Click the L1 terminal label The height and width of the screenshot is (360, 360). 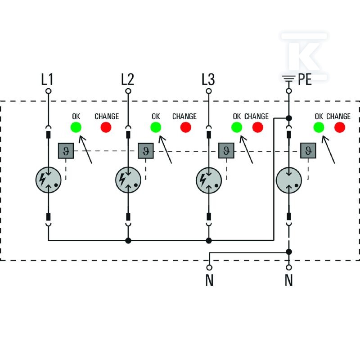pos(47,79)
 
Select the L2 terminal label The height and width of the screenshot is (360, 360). pos(127,79)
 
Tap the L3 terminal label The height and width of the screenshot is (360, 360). pos(208,79)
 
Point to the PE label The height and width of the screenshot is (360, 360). pos(305,80)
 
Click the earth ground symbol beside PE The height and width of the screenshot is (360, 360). pos(289,79)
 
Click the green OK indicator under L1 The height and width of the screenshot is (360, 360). pos(76,127)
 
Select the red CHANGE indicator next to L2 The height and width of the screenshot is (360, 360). pos(186,127)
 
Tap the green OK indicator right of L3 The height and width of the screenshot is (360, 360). pos(237,127)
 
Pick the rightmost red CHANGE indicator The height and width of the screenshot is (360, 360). pos(340,127)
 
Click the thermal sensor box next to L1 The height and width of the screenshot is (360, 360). pos(66,151)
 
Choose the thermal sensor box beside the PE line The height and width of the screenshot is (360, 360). pos(308,151)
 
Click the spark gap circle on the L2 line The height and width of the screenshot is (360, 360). pos(128,180)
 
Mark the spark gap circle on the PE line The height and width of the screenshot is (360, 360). pos(289,180)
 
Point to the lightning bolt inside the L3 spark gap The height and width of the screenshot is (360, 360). pos(203,180)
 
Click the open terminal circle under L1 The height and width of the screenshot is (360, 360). pos(48,91)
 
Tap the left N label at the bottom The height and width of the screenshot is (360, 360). pos(209,280)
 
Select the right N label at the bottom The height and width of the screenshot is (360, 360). pos(289,280)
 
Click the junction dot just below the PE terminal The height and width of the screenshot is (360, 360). pos(289,118)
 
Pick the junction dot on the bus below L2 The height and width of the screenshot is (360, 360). pos(128,241)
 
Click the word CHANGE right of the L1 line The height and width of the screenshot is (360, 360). pos(107,117)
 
